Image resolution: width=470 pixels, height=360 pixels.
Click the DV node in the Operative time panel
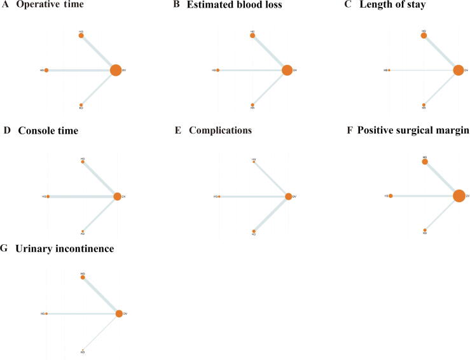(x=115, y=70)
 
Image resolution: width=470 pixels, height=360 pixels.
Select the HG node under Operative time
(x=81, y=36)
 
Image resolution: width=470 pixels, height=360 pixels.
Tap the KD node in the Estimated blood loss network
(x=252, y=104)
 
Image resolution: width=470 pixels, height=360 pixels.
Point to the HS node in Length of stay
(x=389, y=70)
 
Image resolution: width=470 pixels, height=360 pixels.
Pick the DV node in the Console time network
(x=117, y=197)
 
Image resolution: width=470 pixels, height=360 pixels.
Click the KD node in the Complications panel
(x=254, y=231)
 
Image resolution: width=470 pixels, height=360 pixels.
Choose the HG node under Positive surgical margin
(x=425, y=162)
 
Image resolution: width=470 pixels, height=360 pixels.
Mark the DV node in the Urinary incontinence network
(x=119, y=314)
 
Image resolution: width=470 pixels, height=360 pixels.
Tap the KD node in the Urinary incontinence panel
(x=83, y=349)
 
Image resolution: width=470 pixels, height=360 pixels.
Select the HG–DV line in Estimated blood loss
(x=270, y=53)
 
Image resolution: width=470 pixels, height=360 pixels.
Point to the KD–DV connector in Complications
(x=272, y=214)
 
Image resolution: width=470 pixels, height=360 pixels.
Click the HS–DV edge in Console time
(x=81, y=197)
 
